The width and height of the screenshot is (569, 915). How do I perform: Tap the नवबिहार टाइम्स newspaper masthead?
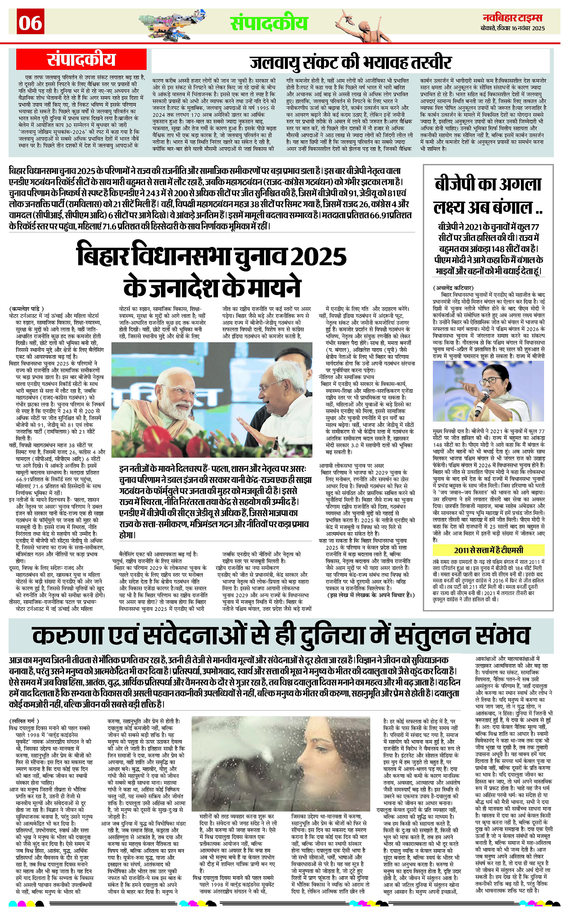click(x=513, y=18)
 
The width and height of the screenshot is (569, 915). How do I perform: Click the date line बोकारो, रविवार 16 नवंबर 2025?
click(x=513, y=28)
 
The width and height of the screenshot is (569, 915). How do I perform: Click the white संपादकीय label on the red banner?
click(x=81, y=60)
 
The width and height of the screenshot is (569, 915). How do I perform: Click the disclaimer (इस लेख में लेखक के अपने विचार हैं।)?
click(x=371, y=595)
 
